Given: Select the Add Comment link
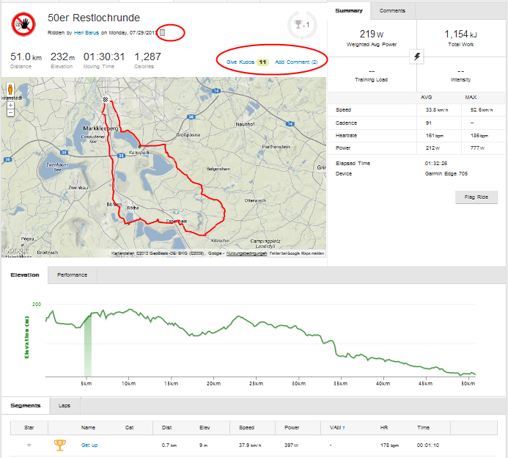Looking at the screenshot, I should [295, 62].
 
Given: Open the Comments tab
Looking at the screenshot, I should [393, 11].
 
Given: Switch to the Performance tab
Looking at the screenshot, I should [73, 275].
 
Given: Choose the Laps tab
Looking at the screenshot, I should [65, 405].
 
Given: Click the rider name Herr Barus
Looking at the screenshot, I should [86, 33].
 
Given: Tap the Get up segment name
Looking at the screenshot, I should [89, 445].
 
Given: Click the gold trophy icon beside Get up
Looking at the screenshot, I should [59, 444].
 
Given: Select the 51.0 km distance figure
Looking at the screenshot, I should [25, 57].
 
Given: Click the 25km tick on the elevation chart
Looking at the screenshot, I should [256, 383].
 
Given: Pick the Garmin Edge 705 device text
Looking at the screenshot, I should [446, 174].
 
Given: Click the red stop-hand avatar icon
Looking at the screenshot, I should [23, 24].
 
